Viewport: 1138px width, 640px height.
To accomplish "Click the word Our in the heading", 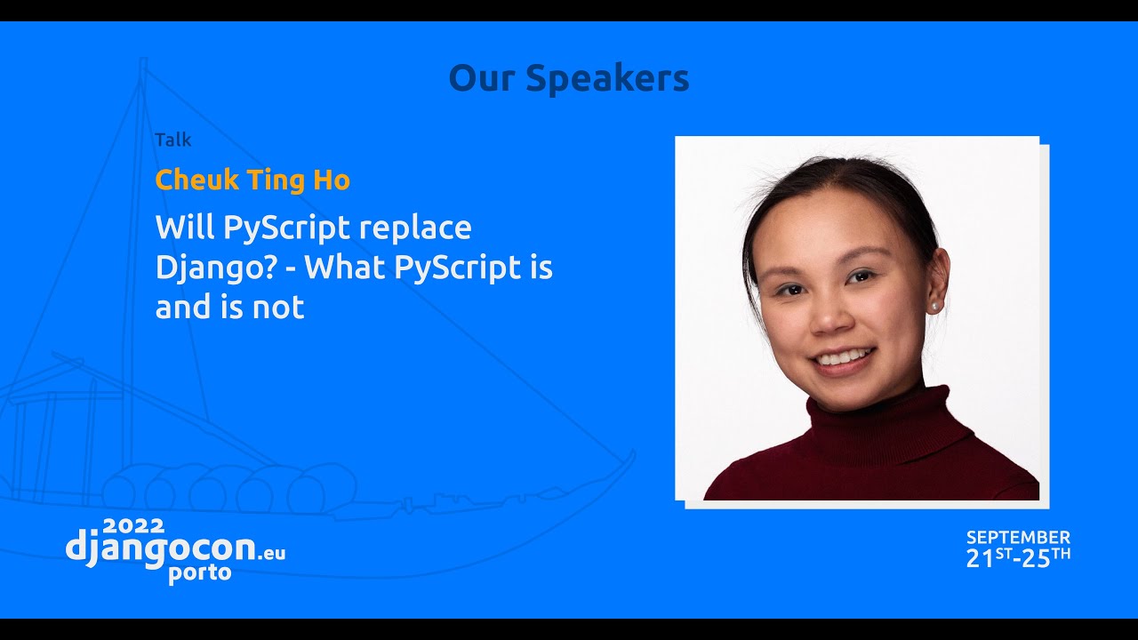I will pos(481,78).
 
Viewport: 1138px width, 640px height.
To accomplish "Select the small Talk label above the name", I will pos(172,140).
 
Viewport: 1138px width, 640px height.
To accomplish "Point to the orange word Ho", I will pos(332,180).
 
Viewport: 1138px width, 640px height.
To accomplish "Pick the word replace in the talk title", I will pos(415,228).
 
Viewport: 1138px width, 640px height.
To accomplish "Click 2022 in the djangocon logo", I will pos(134,526).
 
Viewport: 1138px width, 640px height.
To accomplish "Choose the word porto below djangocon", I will pos(200,573).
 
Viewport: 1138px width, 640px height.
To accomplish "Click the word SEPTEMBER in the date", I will pos(1018,538).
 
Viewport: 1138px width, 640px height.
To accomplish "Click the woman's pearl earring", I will pos(934,306).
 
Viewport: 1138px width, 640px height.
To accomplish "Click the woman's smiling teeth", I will pos(842,358).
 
